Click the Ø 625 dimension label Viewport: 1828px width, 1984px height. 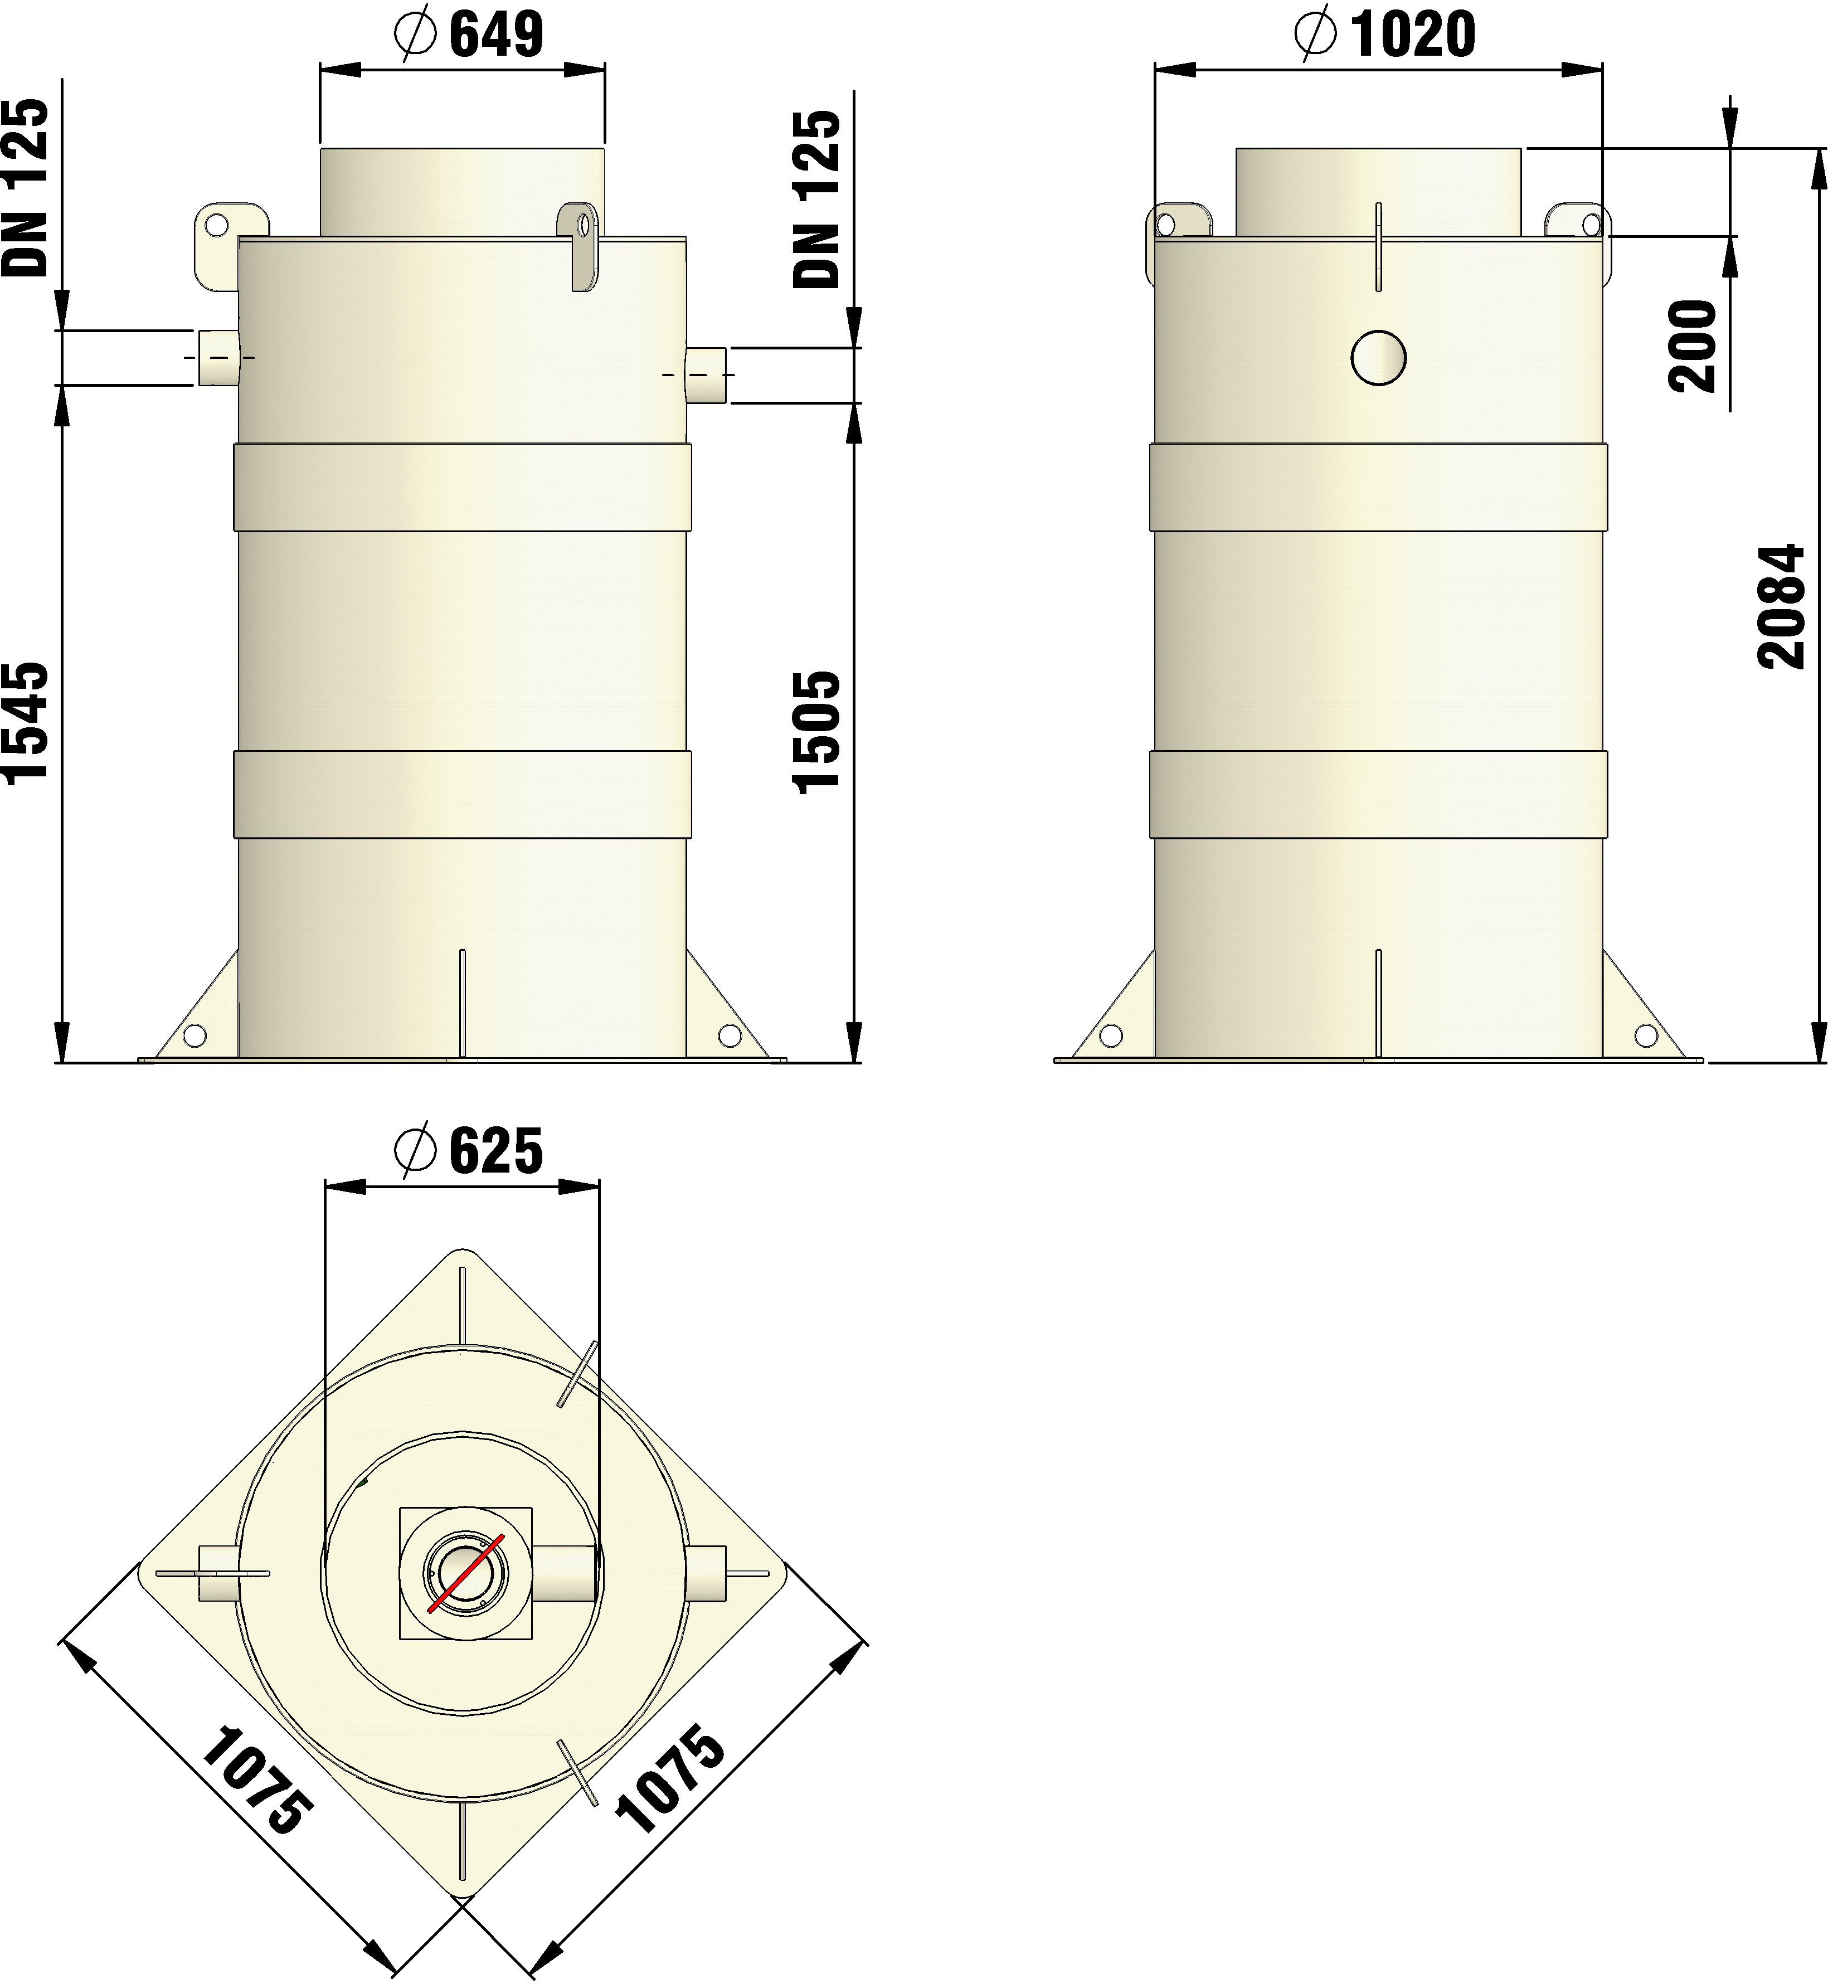click(468, 1150)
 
